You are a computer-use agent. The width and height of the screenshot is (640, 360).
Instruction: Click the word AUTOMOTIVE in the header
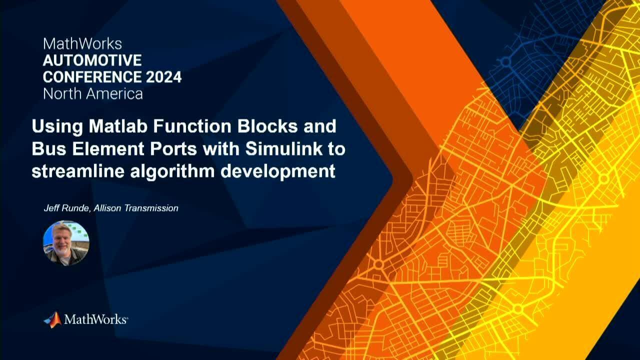[92, 60]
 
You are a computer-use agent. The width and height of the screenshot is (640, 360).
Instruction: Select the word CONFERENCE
[92, 77]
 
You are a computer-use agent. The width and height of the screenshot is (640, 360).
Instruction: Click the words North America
[93, 94]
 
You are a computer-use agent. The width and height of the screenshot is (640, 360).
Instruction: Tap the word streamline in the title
[78, 171]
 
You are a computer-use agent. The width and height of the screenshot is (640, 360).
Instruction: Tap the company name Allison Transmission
[136, 208]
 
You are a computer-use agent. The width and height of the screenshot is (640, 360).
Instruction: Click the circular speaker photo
[66, 243]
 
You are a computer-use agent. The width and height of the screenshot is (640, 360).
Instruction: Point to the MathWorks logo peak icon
[53, 319]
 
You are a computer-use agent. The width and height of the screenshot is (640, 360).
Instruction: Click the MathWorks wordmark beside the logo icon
[96, 319]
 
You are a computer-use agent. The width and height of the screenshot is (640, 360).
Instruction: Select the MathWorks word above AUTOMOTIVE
[82, 43]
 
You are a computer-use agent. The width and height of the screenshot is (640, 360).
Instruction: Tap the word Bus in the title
[49, 149]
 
